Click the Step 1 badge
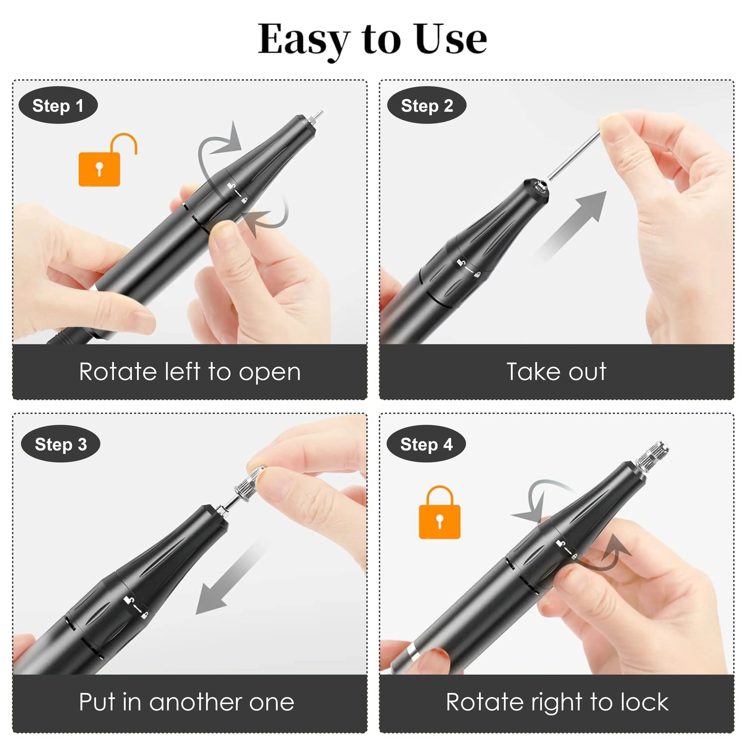(58, 105)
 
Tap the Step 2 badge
(427, 105)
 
